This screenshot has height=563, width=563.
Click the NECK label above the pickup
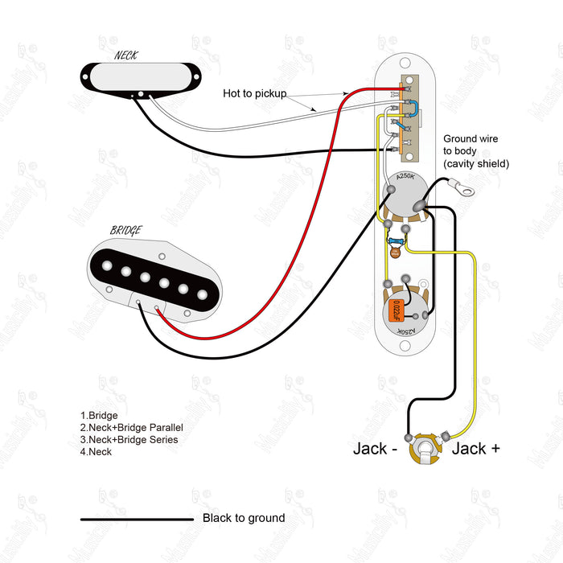pos(125,55)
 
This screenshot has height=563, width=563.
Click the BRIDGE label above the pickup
pos(125,231)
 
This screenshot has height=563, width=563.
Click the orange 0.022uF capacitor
pos(397,309)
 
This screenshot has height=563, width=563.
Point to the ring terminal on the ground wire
pos(463,189)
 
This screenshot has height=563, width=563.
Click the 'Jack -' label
pos(375,448)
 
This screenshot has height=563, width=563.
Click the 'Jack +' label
pos(475,448)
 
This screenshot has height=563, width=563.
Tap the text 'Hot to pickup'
pos(254,94)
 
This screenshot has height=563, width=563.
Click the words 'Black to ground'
pos(243,518)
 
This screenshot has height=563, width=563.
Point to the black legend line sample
pos(137,520)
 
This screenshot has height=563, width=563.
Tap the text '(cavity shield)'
pos(476,163)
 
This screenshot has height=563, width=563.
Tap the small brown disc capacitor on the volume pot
pos(395,253)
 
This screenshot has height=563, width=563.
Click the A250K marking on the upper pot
pos(406,176)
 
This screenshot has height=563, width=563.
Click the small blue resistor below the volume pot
pos(396,241)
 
